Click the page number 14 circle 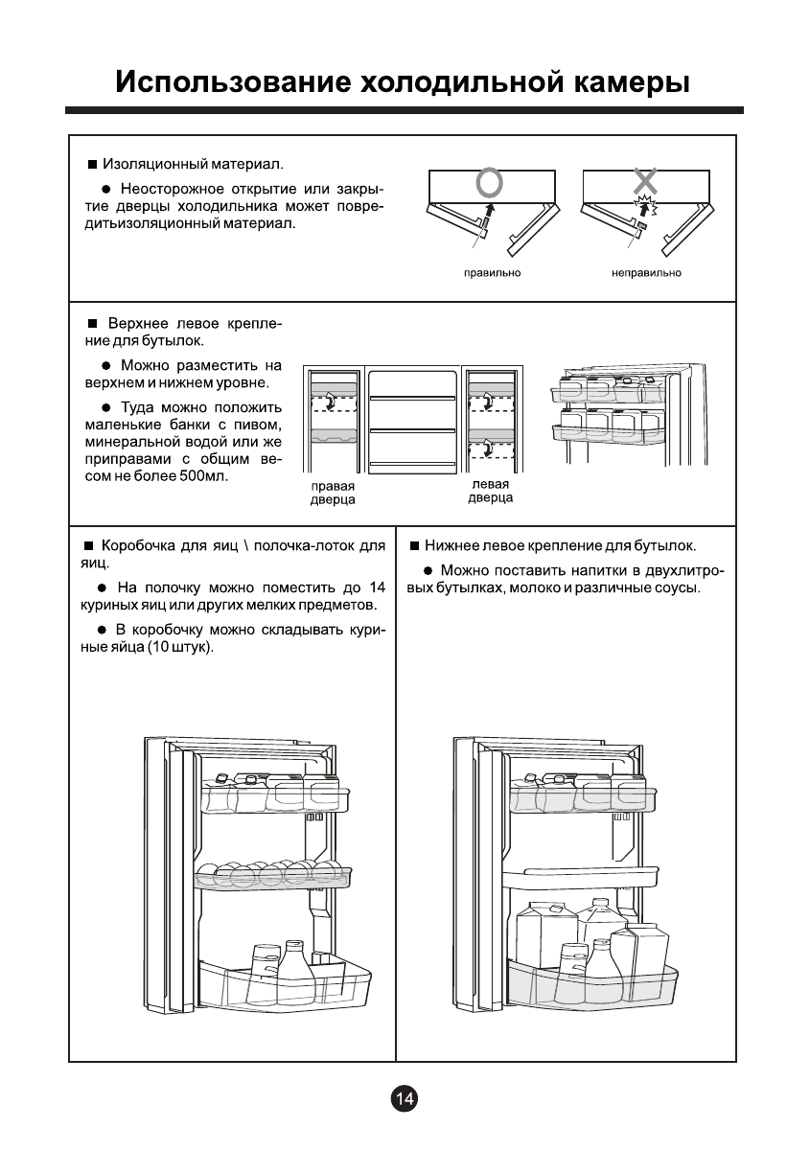coord(405,1100)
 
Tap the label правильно coord(492,273)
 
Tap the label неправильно coord(646,273)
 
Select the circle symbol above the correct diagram coord(489,181)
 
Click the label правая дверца coord(333,493)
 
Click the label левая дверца coord(490,491)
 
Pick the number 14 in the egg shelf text coord(377,587)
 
